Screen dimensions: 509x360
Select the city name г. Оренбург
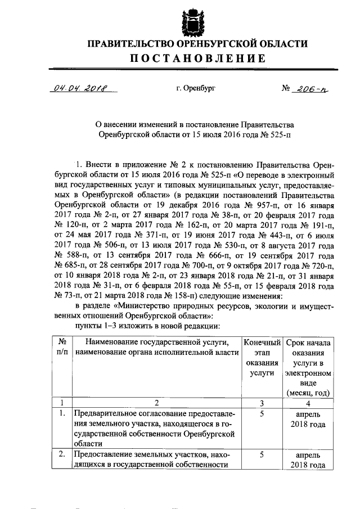click(x=195, y=89)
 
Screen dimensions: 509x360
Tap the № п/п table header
click(x=63, y=347)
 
